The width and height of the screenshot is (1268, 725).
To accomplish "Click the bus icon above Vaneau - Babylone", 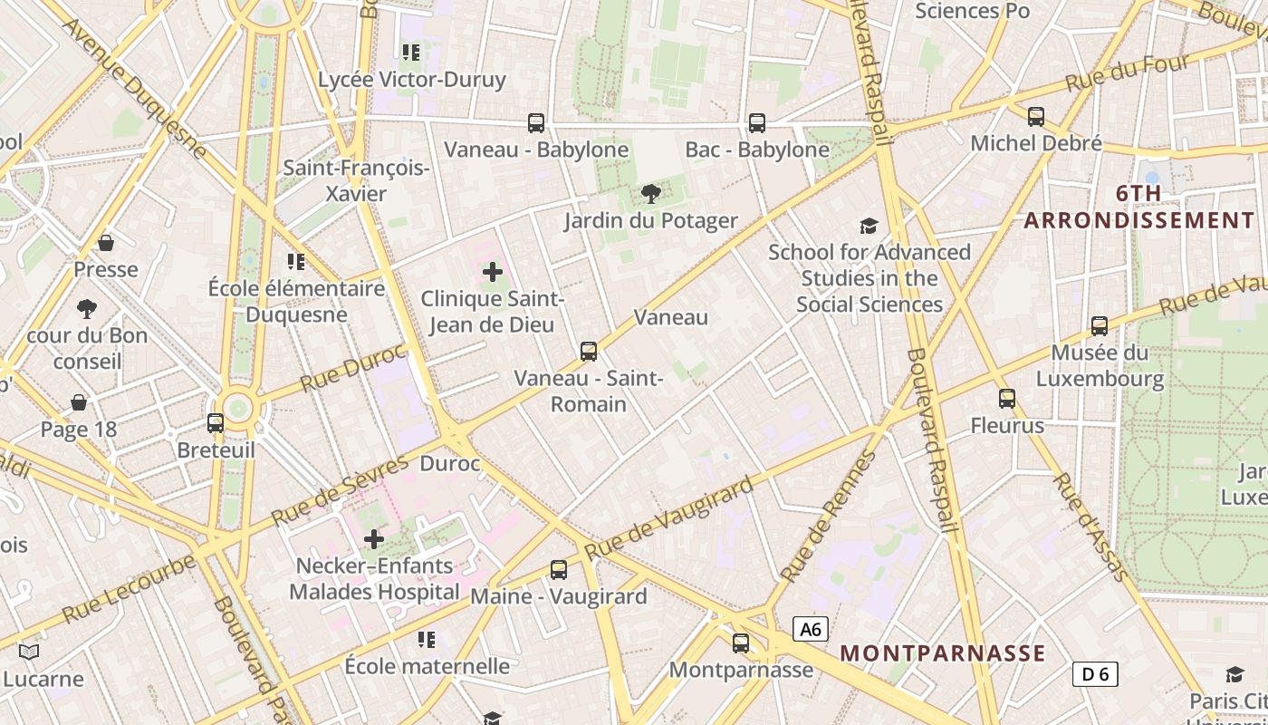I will coord(536,122).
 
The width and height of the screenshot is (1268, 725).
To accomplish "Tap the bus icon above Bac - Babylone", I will coord(756,122).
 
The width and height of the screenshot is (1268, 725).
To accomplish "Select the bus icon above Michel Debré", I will coord(1036,116).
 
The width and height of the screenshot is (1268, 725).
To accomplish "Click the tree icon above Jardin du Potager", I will coord(650,193).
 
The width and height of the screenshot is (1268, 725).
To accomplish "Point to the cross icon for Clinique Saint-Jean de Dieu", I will coord(493,271).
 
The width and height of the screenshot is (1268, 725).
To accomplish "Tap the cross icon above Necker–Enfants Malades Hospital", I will coord(374,540).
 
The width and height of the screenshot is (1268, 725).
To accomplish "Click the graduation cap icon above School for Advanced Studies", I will coord(869,226).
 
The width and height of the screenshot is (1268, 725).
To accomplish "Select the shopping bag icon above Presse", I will coord(106,243).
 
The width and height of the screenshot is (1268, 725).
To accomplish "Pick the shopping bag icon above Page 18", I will coord(79,401).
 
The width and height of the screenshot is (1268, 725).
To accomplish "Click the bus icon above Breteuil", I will coord(216,422).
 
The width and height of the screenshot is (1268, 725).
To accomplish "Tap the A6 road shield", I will coord(811,629).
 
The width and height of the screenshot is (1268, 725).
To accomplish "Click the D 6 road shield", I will coord(1095,673).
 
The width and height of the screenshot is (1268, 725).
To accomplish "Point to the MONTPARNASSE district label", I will coord(943,653).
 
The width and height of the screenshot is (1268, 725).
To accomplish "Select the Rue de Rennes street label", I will coord(828,517).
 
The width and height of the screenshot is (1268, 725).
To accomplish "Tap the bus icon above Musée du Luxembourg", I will coord(1100,325).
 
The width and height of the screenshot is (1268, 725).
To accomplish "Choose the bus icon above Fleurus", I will coord(1007,398).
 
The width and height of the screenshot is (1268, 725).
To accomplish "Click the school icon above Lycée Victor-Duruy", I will coord(411,53).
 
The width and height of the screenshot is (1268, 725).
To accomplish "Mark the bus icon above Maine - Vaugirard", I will coord(559,569).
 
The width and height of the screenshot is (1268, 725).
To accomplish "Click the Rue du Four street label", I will coord(1127,72).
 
